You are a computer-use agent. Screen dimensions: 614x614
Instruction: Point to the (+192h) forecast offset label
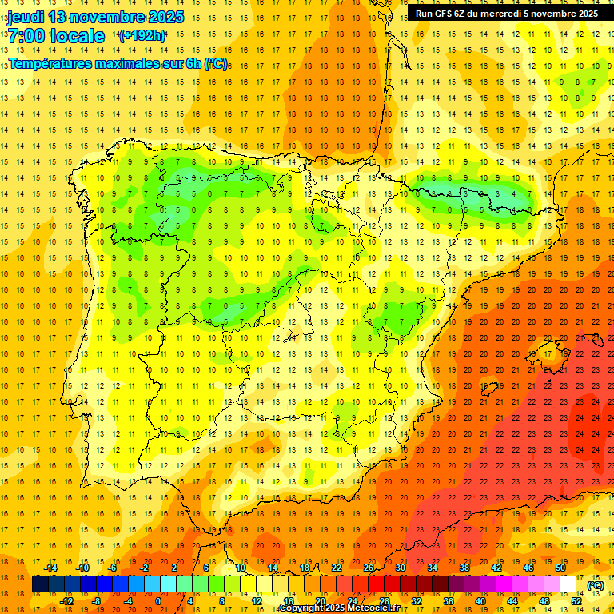(x=142, y=35)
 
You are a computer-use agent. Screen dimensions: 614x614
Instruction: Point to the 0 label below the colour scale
(x=158, y=601)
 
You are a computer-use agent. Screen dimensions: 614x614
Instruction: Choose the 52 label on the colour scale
(x=576, y=601)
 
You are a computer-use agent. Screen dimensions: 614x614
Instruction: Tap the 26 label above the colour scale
(x=369, y=568)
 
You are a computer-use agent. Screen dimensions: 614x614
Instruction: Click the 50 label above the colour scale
(x=560, y=568)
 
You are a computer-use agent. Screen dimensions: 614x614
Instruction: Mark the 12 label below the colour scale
(x=256, y=601)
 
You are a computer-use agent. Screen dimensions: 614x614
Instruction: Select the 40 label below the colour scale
(x=480, y=601)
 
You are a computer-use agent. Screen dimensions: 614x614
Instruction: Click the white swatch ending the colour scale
(x=568, y=584)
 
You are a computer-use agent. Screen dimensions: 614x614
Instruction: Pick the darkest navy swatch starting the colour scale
(x=40, y=584)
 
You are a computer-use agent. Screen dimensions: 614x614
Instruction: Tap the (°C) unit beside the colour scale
(x=595, y=585)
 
